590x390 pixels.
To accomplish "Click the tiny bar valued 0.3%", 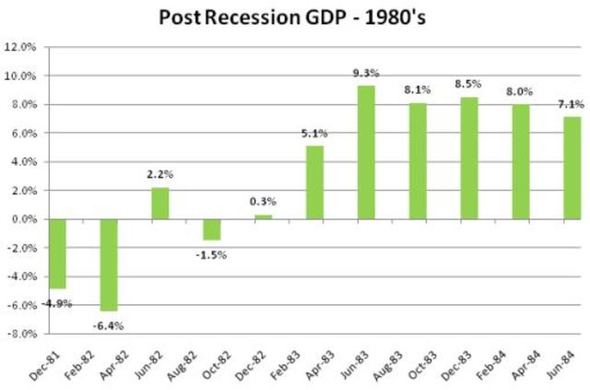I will [x=264, y=217].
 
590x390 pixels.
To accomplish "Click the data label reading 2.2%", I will [x=159, y=176].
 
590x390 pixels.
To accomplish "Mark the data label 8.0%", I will [x=521, y=93].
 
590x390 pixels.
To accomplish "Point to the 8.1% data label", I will [x=418, y=91].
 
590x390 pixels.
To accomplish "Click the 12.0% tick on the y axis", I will [x=20, y=47].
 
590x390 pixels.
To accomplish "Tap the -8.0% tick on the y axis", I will [x=20, y=334].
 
